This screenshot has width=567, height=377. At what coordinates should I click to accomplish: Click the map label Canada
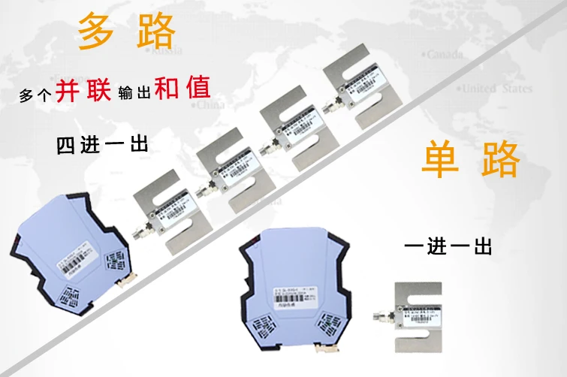pyautogui.click(x=446, y=55)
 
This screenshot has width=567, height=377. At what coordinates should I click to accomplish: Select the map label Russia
pyautogui.click(x=161, y=52)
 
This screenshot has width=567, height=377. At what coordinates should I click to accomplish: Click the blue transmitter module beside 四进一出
pyautogui.click(x=69, y=252)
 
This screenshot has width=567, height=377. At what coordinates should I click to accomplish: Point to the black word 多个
pyautogui.click(x=34, y=96)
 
